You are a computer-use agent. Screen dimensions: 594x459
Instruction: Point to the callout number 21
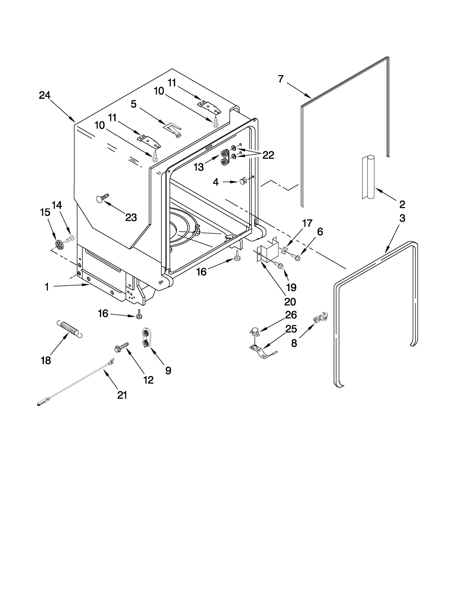tap(122, 395)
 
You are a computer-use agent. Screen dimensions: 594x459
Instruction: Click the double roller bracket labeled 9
tap(146, 338)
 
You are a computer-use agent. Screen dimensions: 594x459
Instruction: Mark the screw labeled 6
tap(295, 256)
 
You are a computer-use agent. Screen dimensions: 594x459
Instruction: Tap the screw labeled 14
tap(70, 239)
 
